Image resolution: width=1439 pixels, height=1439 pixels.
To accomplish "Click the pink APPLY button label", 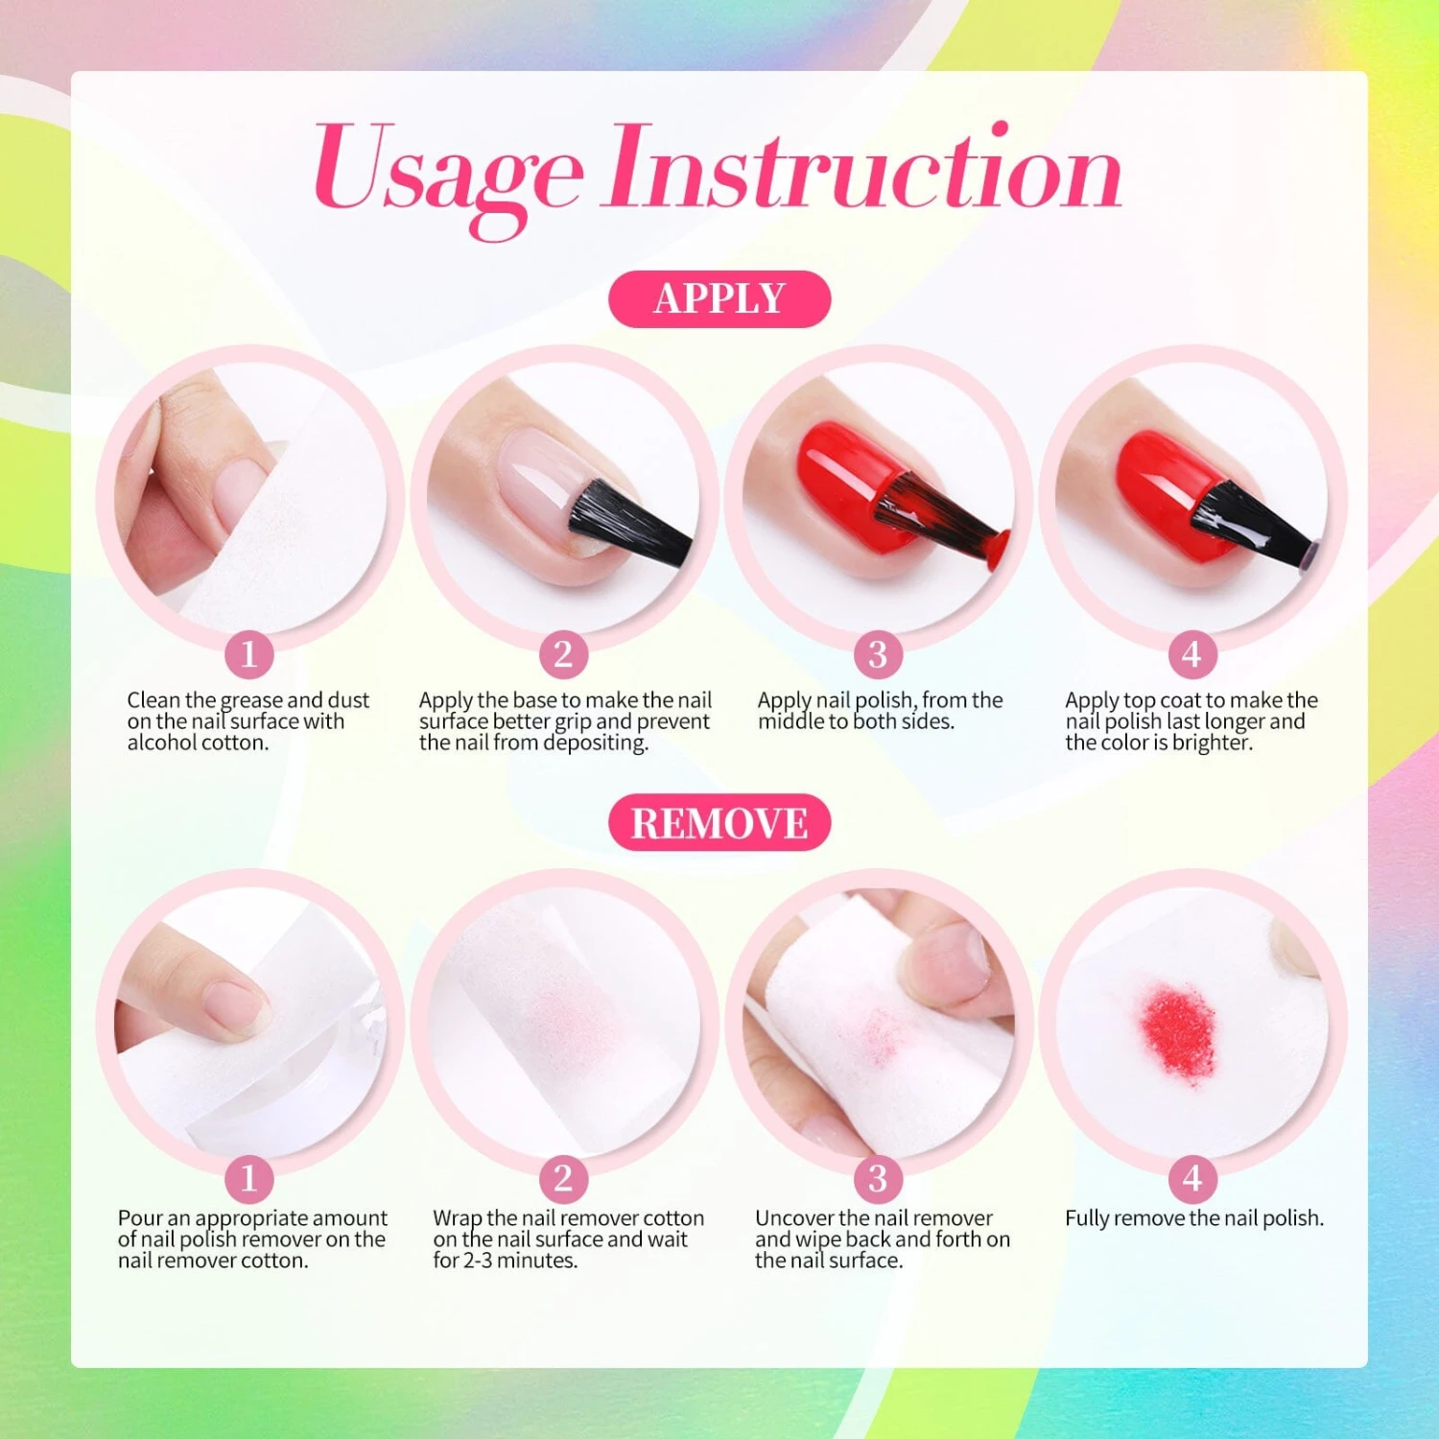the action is [719, 299].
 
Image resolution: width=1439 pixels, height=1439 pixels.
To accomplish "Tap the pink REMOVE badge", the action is [719, 823].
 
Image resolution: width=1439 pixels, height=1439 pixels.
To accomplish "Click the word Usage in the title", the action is [448, 173].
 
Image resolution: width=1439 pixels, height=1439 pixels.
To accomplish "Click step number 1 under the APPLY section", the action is [249, 654].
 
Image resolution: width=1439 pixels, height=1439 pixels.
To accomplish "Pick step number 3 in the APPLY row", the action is [878, 654].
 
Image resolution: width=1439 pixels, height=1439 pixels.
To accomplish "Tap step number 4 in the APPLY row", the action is [1192, 654].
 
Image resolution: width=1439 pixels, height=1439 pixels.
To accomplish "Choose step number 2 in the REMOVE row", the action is [563, 1178].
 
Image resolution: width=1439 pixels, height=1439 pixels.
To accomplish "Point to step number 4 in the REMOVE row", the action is [1192, 1178].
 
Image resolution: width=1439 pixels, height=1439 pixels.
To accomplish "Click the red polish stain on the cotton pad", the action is [1178, 1032].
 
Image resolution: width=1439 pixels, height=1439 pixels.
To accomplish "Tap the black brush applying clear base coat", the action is [628, 523].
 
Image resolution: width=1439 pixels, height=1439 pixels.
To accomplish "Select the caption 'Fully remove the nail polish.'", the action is [1194, 1218].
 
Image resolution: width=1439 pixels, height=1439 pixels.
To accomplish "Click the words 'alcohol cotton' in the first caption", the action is [196, 743].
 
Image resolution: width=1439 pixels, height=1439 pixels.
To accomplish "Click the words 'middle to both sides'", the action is [856, 721].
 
